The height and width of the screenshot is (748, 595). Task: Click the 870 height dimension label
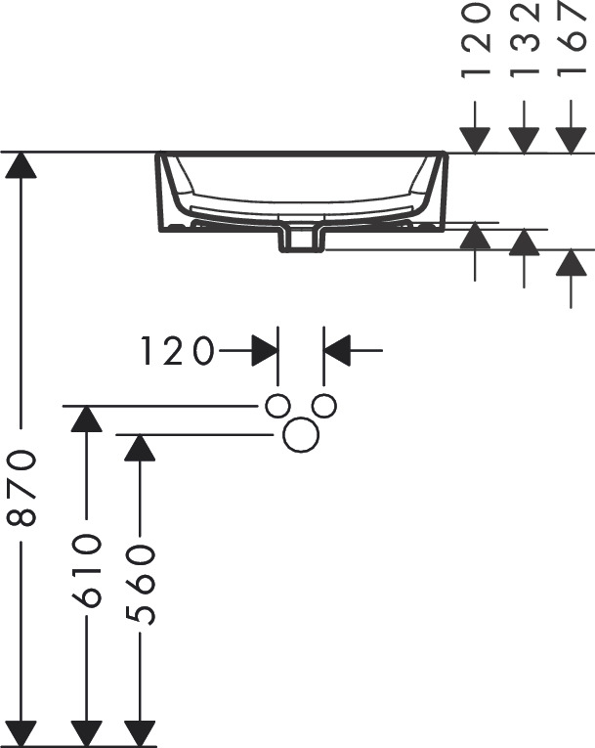21,488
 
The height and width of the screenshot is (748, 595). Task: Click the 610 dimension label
86,570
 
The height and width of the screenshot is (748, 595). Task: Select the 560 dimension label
140,585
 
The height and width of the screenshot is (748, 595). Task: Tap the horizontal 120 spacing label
178,351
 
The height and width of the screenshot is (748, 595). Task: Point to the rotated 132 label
524,39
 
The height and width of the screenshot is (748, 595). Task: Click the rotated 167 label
571,39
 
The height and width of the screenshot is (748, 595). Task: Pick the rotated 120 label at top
476,39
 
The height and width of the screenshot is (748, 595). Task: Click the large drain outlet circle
301,434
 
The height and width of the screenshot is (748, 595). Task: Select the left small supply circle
277,406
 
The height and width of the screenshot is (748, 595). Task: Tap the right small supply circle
323,406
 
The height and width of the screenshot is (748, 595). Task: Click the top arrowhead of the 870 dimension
21,165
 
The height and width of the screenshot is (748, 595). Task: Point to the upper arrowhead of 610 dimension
86,418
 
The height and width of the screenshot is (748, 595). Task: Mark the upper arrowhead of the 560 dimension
140,448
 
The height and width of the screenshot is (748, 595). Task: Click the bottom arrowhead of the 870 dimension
21,733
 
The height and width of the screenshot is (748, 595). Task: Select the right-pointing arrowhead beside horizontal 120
265,351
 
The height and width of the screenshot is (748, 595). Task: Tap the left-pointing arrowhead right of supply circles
337,351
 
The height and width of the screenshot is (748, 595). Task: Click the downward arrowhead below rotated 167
572,141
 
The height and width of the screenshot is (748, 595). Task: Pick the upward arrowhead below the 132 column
524,242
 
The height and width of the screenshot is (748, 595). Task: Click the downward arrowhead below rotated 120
475,141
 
